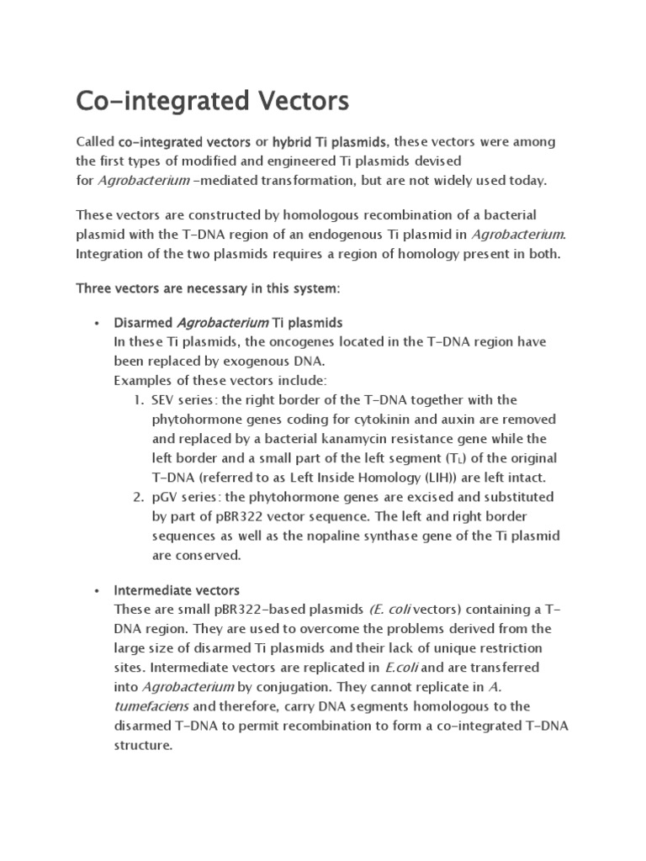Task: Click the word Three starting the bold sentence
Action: (95, 288)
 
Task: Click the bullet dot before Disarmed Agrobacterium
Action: (98, 324)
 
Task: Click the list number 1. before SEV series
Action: (140, 399)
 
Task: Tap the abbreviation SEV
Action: (165, 399)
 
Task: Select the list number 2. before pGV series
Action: (140, 497)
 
